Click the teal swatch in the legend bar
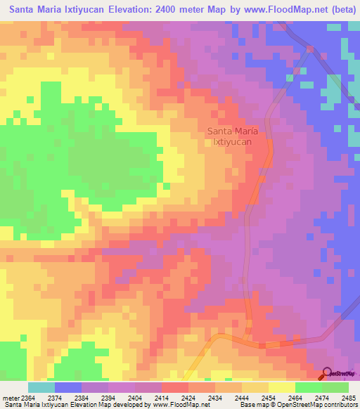tap(41, 387)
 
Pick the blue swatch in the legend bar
tap(68, 387)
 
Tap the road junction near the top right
tap(310, 48)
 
